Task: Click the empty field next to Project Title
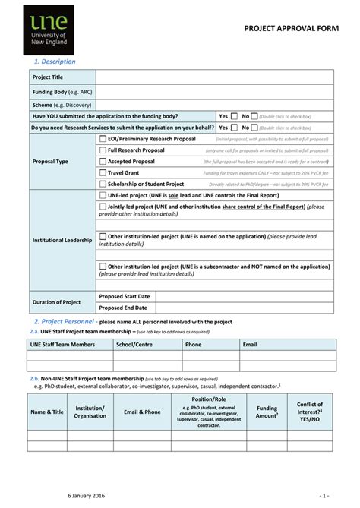coord(214,77)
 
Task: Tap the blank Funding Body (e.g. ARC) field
coord(214,91)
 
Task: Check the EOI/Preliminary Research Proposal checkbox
coord(103,139)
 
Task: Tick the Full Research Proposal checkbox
coord(103,150)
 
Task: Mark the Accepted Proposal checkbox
coord(103,162)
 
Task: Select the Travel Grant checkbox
coord(103,173)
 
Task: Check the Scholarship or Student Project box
coord(103,184)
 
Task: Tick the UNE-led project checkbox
coord(103,195)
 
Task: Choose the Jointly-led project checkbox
coord(103,207)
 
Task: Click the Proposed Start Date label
coord(125,296)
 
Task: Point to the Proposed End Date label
coord(123,308)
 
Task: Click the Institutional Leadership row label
coord(62,240)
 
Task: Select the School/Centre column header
coord(134,344)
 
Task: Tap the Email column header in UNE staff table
coord(250,344)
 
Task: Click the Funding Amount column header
coord(267,412)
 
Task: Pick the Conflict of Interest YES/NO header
coord(310,412)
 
